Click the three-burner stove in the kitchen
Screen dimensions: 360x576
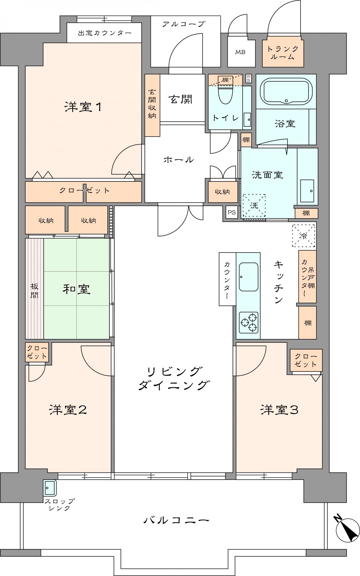(249, 323)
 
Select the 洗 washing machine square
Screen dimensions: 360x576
(254, 205)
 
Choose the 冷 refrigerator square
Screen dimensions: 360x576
(304, 236)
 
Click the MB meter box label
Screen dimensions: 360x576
(240, 52)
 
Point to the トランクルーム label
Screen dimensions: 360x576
(283, 52)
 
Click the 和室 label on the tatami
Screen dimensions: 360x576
(77, 289)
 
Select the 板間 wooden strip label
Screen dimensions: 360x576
(34, 291)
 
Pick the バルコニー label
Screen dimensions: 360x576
(176, 520)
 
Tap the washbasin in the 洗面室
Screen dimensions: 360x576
(307, 191)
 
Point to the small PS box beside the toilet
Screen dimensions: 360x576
(248, 78)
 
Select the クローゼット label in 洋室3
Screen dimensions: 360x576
(306, 360)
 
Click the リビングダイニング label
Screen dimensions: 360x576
(173, 378)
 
